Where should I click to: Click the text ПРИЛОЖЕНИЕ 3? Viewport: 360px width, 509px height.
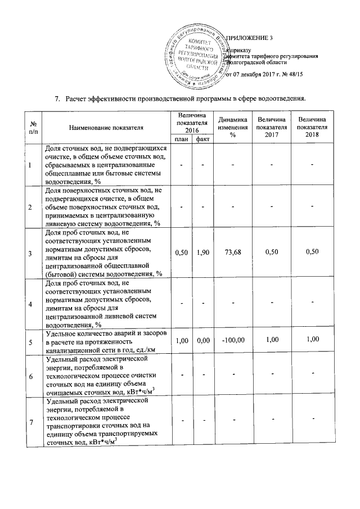point(249,38)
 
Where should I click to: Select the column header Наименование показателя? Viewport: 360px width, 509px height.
point(107,128)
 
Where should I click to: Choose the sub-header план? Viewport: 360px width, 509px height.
point(181,139)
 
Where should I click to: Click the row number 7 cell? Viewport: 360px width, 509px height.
point(30,421)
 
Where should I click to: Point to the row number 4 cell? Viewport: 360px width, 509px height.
point(30,304)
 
